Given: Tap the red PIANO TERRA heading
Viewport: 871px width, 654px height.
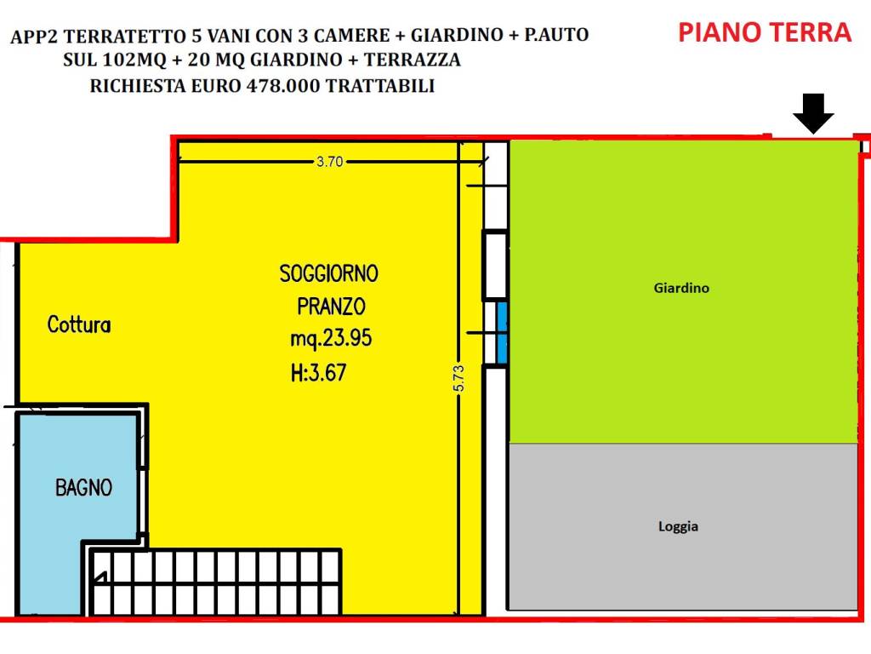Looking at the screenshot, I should [x=764, y=33].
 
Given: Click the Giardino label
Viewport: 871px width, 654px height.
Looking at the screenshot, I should [x=681, y=288].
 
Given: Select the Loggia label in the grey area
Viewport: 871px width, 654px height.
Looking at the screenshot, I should [x=678, y=526].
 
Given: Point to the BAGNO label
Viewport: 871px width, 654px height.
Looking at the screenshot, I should [x=83, y=488].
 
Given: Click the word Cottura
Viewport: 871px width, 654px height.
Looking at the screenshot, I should [x=79, y=324].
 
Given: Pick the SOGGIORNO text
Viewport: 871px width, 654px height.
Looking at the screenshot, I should [x=329, y=273].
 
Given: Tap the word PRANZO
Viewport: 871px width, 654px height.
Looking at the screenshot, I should [x=331, y=305].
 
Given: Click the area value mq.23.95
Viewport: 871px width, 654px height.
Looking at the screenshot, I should [x=331, y=339].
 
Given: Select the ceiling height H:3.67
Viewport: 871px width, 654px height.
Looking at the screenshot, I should [x=318, y=372].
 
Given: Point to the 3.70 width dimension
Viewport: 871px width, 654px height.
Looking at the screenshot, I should [x=329, y=162].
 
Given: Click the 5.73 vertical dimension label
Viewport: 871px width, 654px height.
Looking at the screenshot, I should [x=458, y=378].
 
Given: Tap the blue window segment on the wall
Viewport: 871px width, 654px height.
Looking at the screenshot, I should [x=501, y=332].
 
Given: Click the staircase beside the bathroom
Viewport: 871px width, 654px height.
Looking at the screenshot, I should [x=217, y=582].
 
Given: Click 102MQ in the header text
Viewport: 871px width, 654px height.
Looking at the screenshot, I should [x=125, y=61].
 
